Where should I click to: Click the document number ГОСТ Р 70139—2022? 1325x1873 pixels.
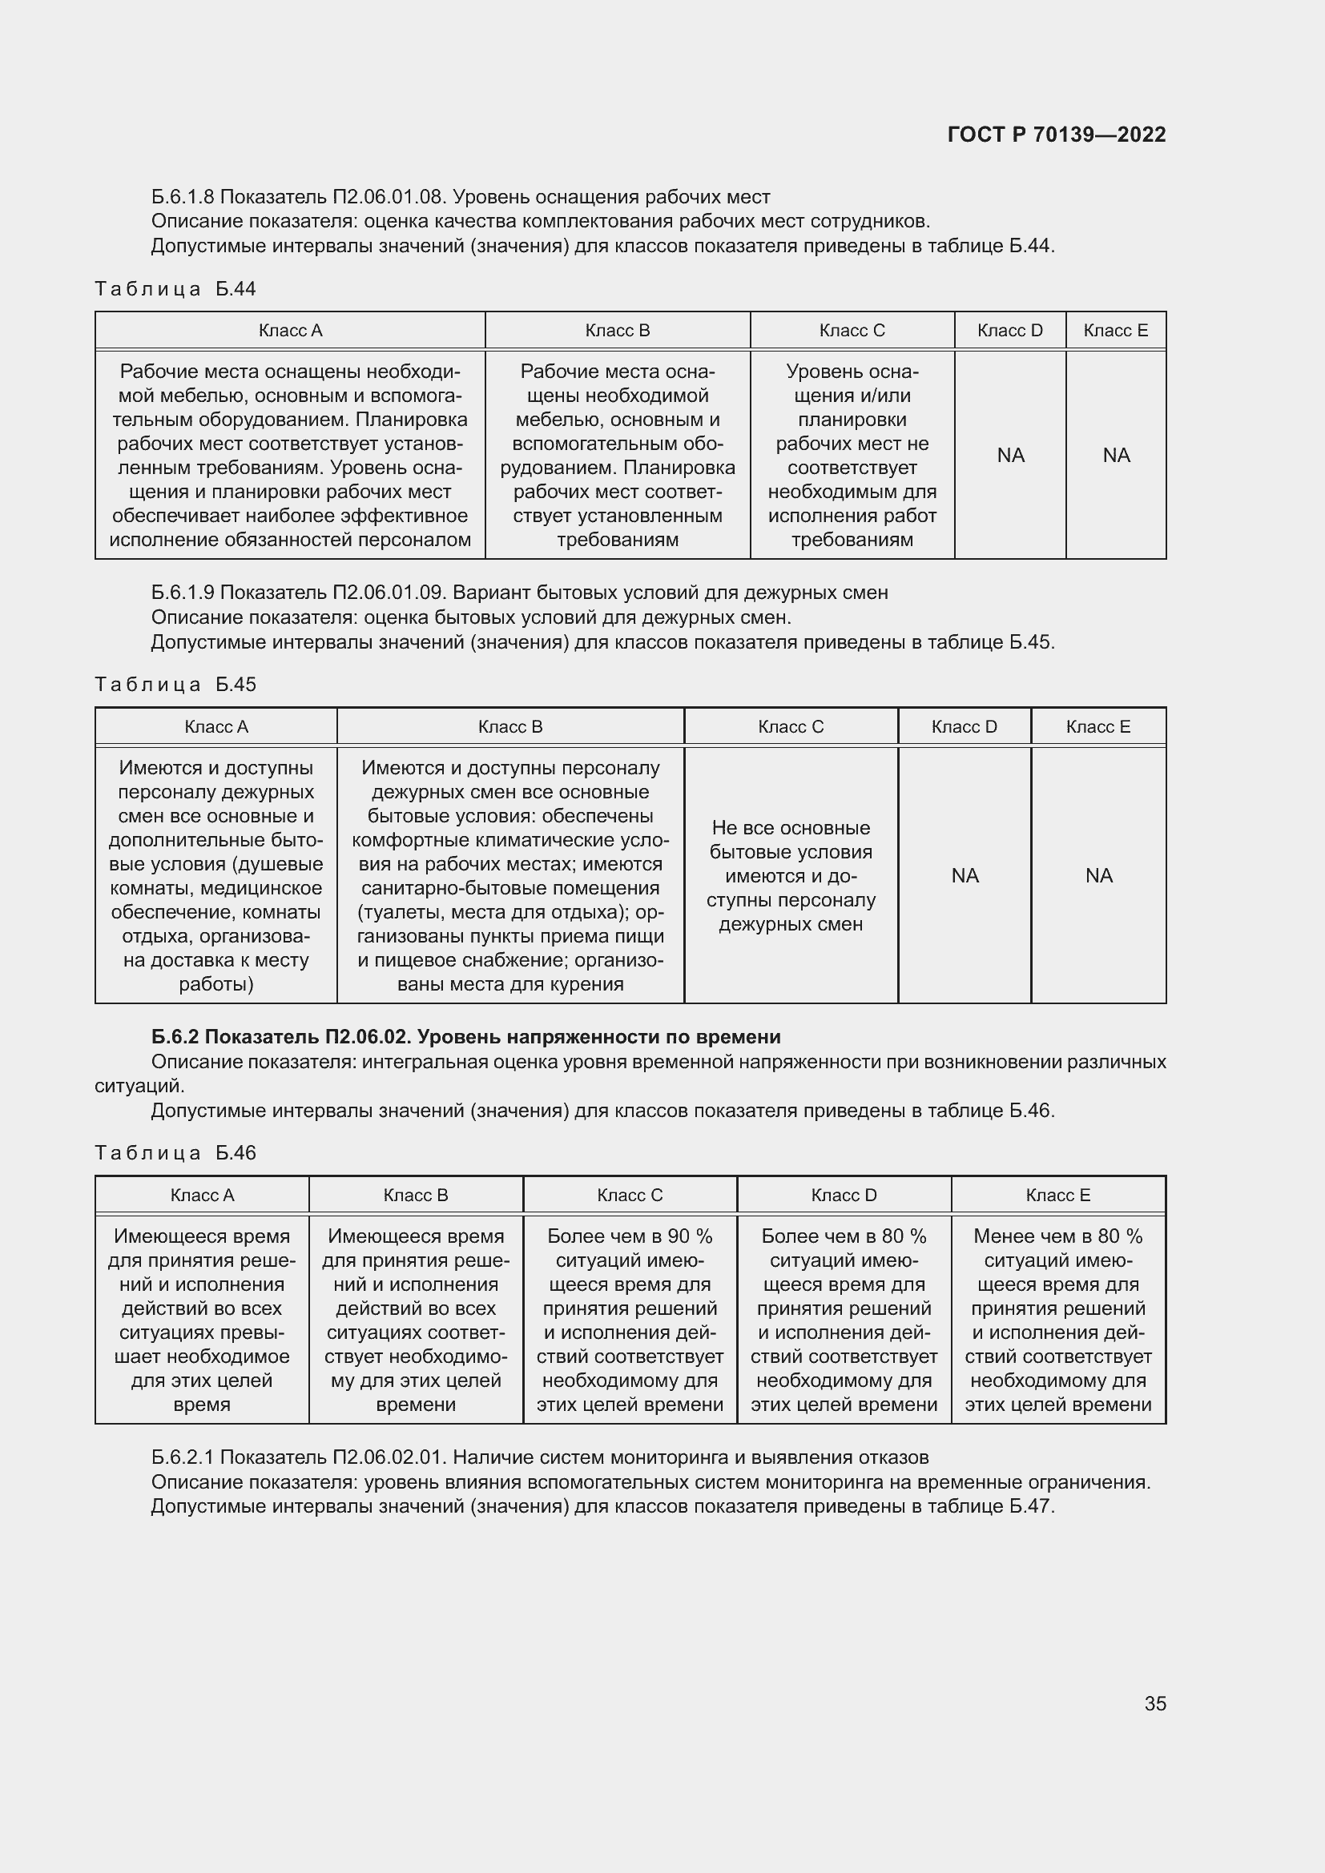(x=1056, y=135)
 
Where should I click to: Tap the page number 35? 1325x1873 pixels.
(x=1154, y=1703)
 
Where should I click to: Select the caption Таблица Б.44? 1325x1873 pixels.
(x=175, y=289)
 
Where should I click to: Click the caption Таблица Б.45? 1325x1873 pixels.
(x=175, y=685)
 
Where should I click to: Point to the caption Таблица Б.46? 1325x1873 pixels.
(x=175, y=1152)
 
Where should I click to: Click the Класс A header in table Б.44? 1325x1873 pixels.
(x=290, y=331)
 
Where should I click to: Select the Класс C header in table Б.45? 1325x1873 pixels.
(x=790, y=727)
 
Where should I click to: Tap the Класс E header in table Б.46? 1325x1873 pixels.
(x=1057, y=1195)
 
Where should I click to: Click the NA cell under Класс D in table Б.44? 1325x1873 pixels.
(x=1010, y=455)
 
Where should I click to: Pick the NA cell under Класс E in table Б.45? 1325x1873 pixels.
(x=1098, y=875)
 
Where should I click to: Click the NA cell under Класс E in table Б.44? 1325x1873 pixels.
(x=1115, y=455)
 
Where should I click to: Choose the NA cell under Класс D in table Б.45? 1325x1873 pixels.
(x=965, y=875)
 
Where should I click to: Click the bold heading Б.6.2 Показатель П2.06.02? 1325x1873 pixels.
(x=465, y=1037)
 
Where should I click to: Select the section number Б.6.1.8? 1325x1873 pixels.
(x=183, y=198)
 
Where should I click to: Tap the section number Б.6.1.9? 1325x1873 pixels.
(x=183, y=593)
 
